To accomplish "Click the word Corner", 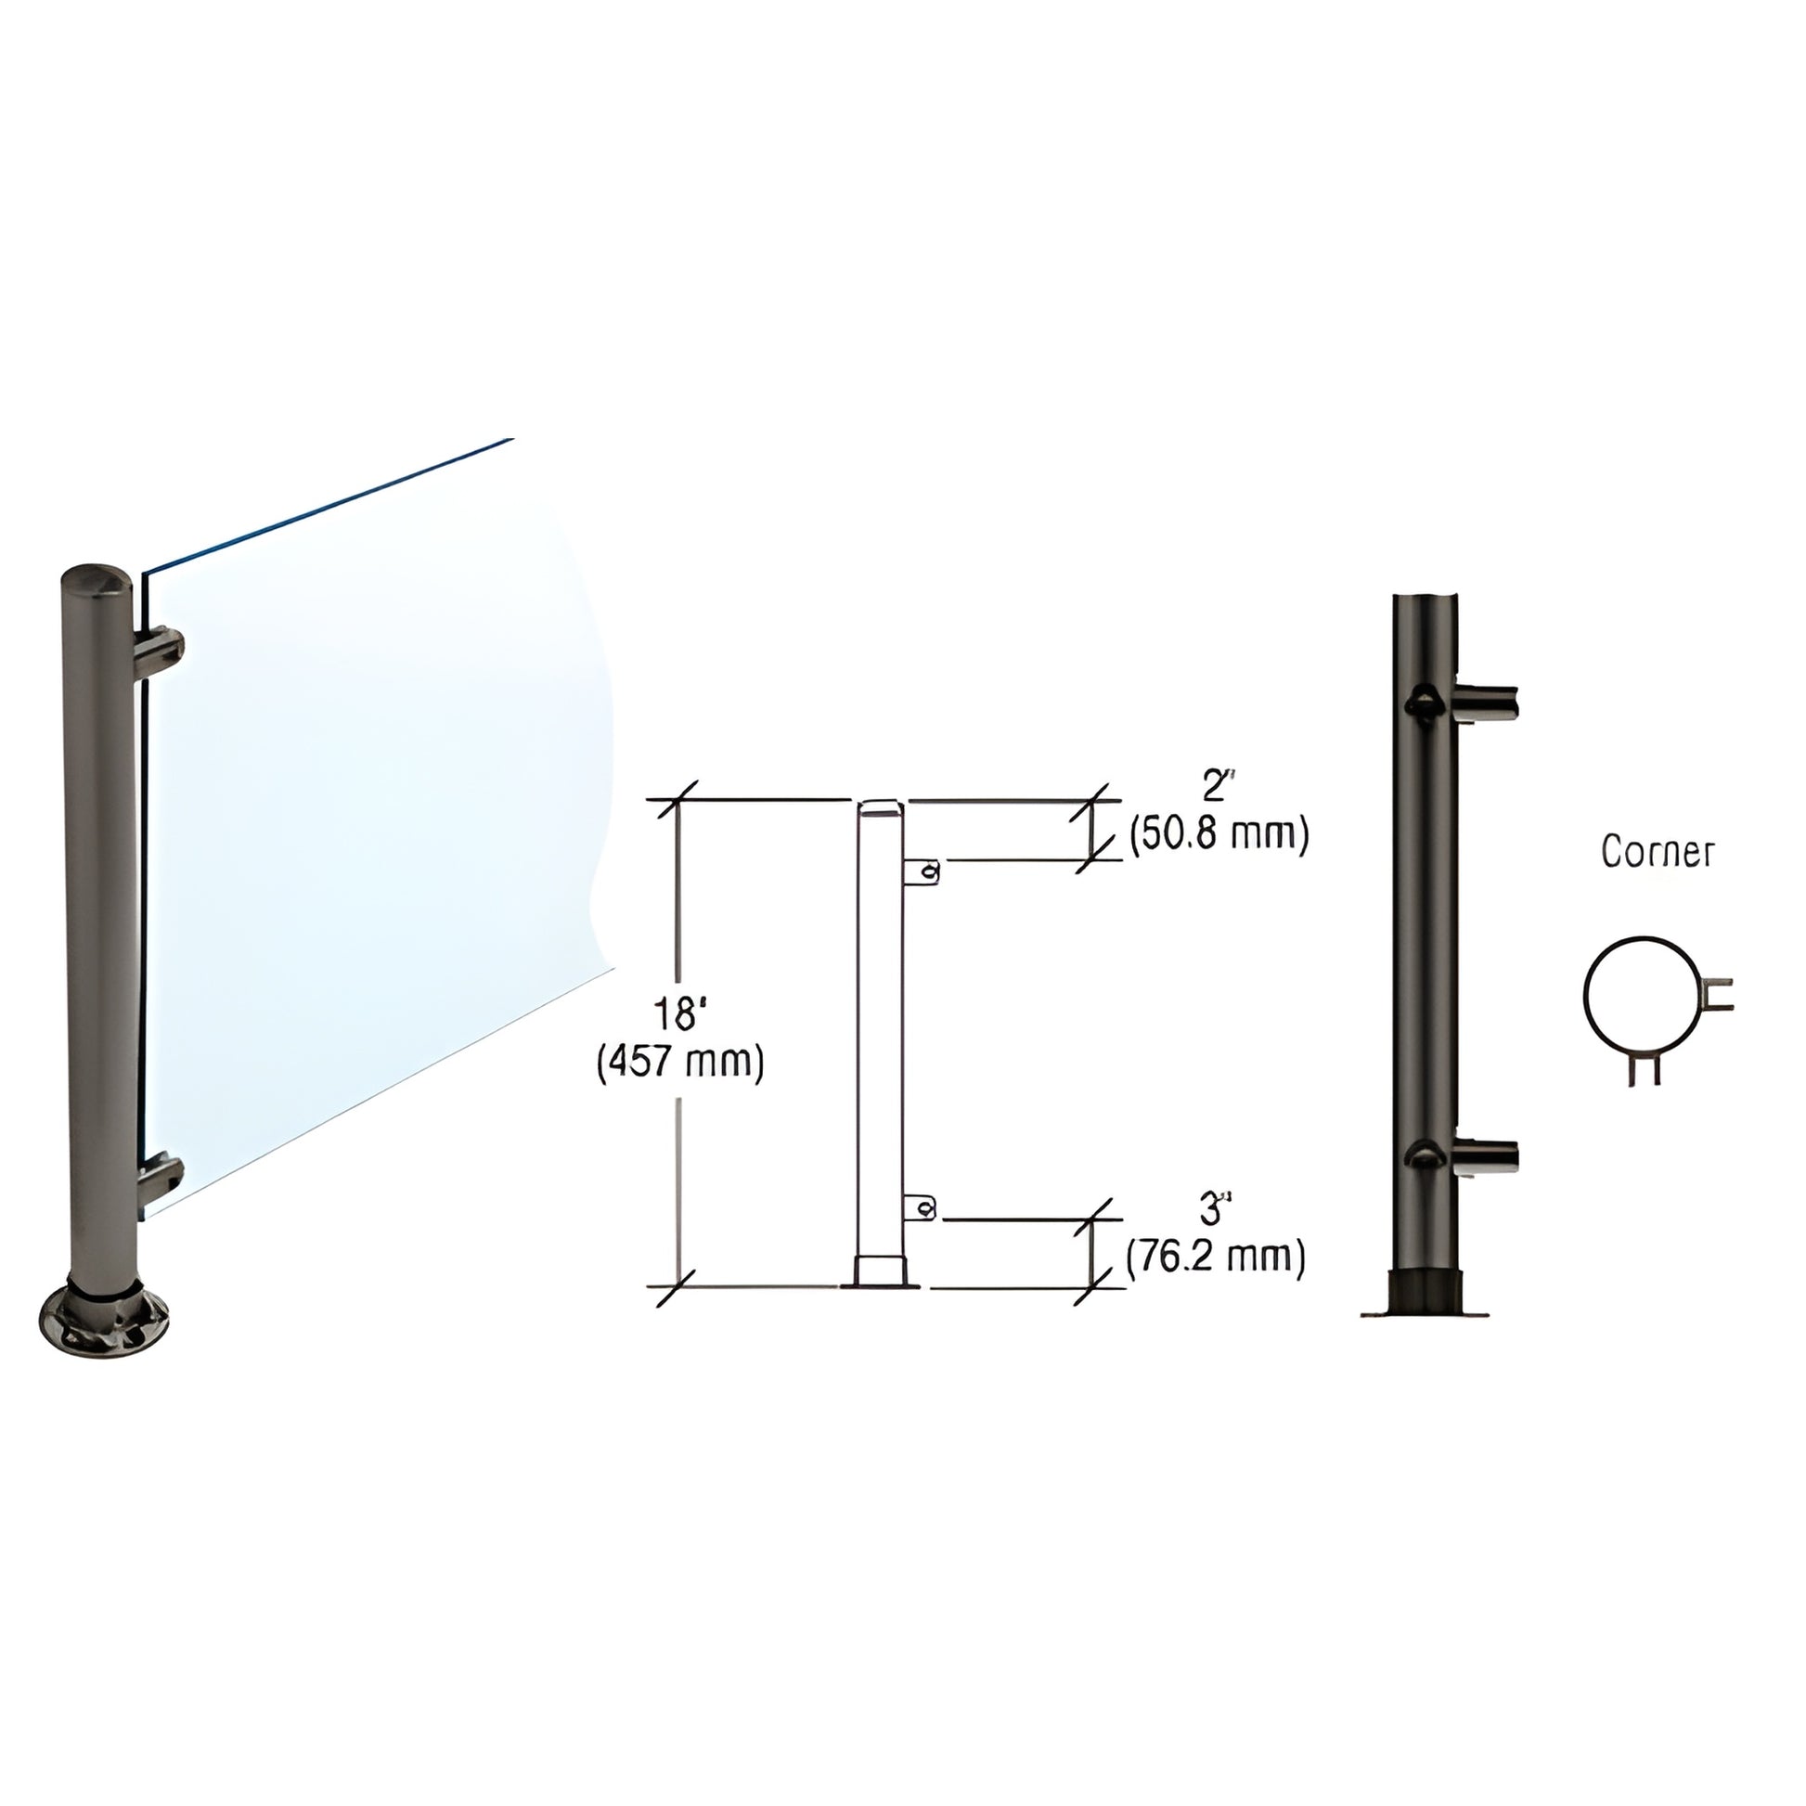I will pyautogui.click(x=1658, y=852).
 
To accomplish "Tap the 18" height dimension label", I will pyautogui.click(x=680, y=1013).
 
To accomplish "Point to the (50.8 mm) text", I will pyautogui.click(x=1218, y=833).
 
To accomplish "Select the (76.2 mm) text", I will pyautogui.click(x=1215, y=1258).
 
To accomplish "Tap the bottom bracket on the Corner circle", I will pyautogui.click(x=1645, y=1068).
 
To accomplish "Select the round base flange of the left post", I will pyautogui.click(x=104, y=1324).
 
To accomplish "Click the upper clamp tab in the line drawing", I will pyautogui.click(x=921, y=872).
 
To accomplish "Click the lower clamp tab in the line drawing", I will pyautogui.click(x=921, y=1209).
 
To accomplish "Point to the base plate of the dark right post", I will pyautogui.click(x=1424, y=1311).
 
